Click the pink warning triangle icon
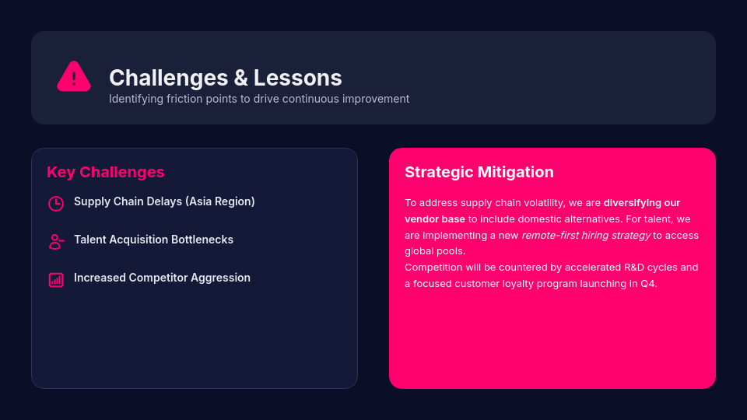coord(74,77)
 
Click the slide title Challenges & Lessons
coord(225,78)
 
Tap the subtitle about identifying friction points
coord(258,99)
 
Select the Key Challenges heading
coord(105,172)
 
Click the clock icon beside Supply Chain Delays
coord(56,204)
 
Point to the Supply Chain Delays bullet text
coord(164,201)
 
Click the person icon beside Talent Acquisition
coord(56,242)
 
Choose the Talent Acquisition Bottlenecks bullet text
coord(153,240)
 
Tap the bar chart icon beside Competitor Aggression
coord(56,280)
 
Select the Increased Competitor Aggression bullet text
coord(162,278)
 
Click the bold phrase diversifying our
coord(641,202)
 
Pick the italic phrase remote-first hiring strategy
coord(585,235)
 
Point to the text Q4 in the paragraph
coord(647,283)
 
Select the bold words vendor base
coord(434,219)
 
